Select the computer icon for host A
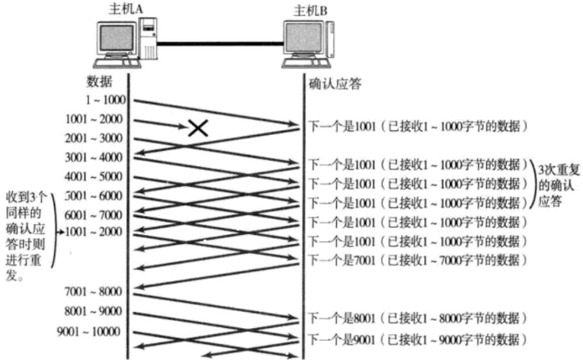[x=126, y=41]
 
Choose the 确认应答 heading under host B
[x=335, y=83]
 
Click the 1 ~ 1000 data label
[x=106, y=100]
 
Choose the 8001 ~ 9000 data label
[x=94, y=312]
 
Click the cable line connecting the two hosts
[x=221, y=43]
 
